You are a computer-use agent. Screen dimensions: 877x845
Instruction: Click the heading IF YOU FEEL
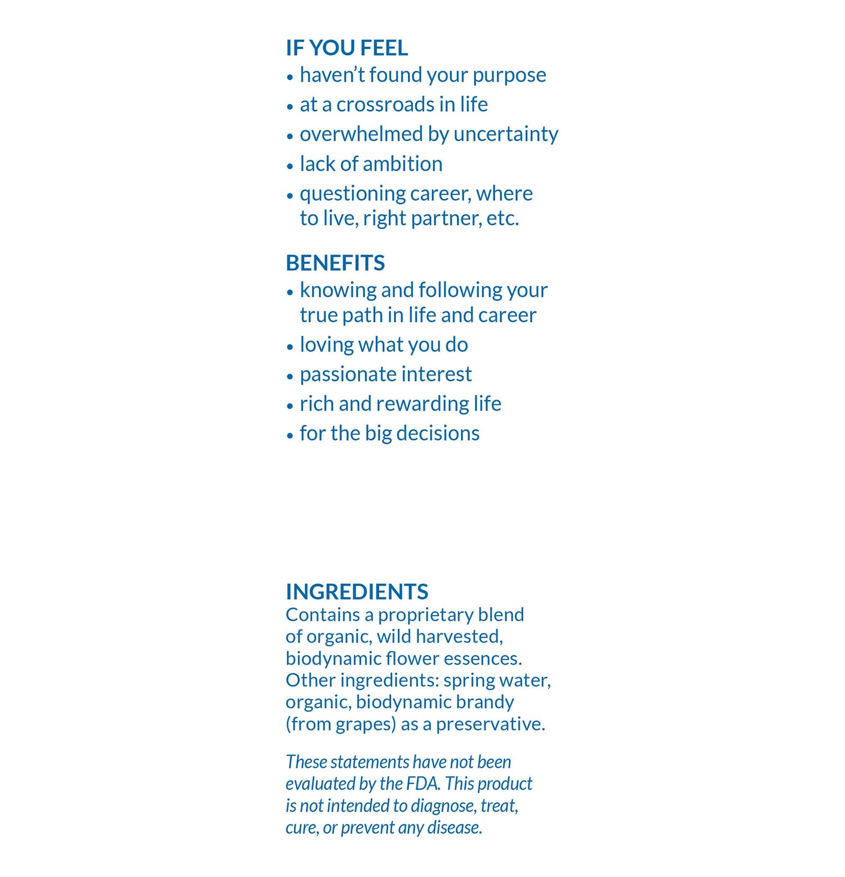point(346,48)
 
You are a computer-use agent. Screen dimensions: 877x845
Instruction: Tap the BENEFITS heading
point(335,263)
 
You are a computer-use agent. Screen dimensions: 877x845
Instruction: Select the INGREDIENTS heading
point(357,591)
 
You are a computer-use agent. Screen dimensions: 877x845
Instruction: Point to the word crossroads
point(385,105)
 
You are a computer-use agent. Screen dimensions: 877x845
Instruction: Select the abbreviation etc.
point(502,219)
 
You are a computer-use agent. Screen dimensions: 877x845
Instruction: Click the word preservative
point(490,724)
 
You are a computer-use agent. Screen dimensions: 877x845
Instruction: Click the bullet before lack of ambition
point(290,166)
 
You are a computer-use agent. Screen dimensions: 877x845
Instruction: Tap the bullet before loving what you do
point(290,347)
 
